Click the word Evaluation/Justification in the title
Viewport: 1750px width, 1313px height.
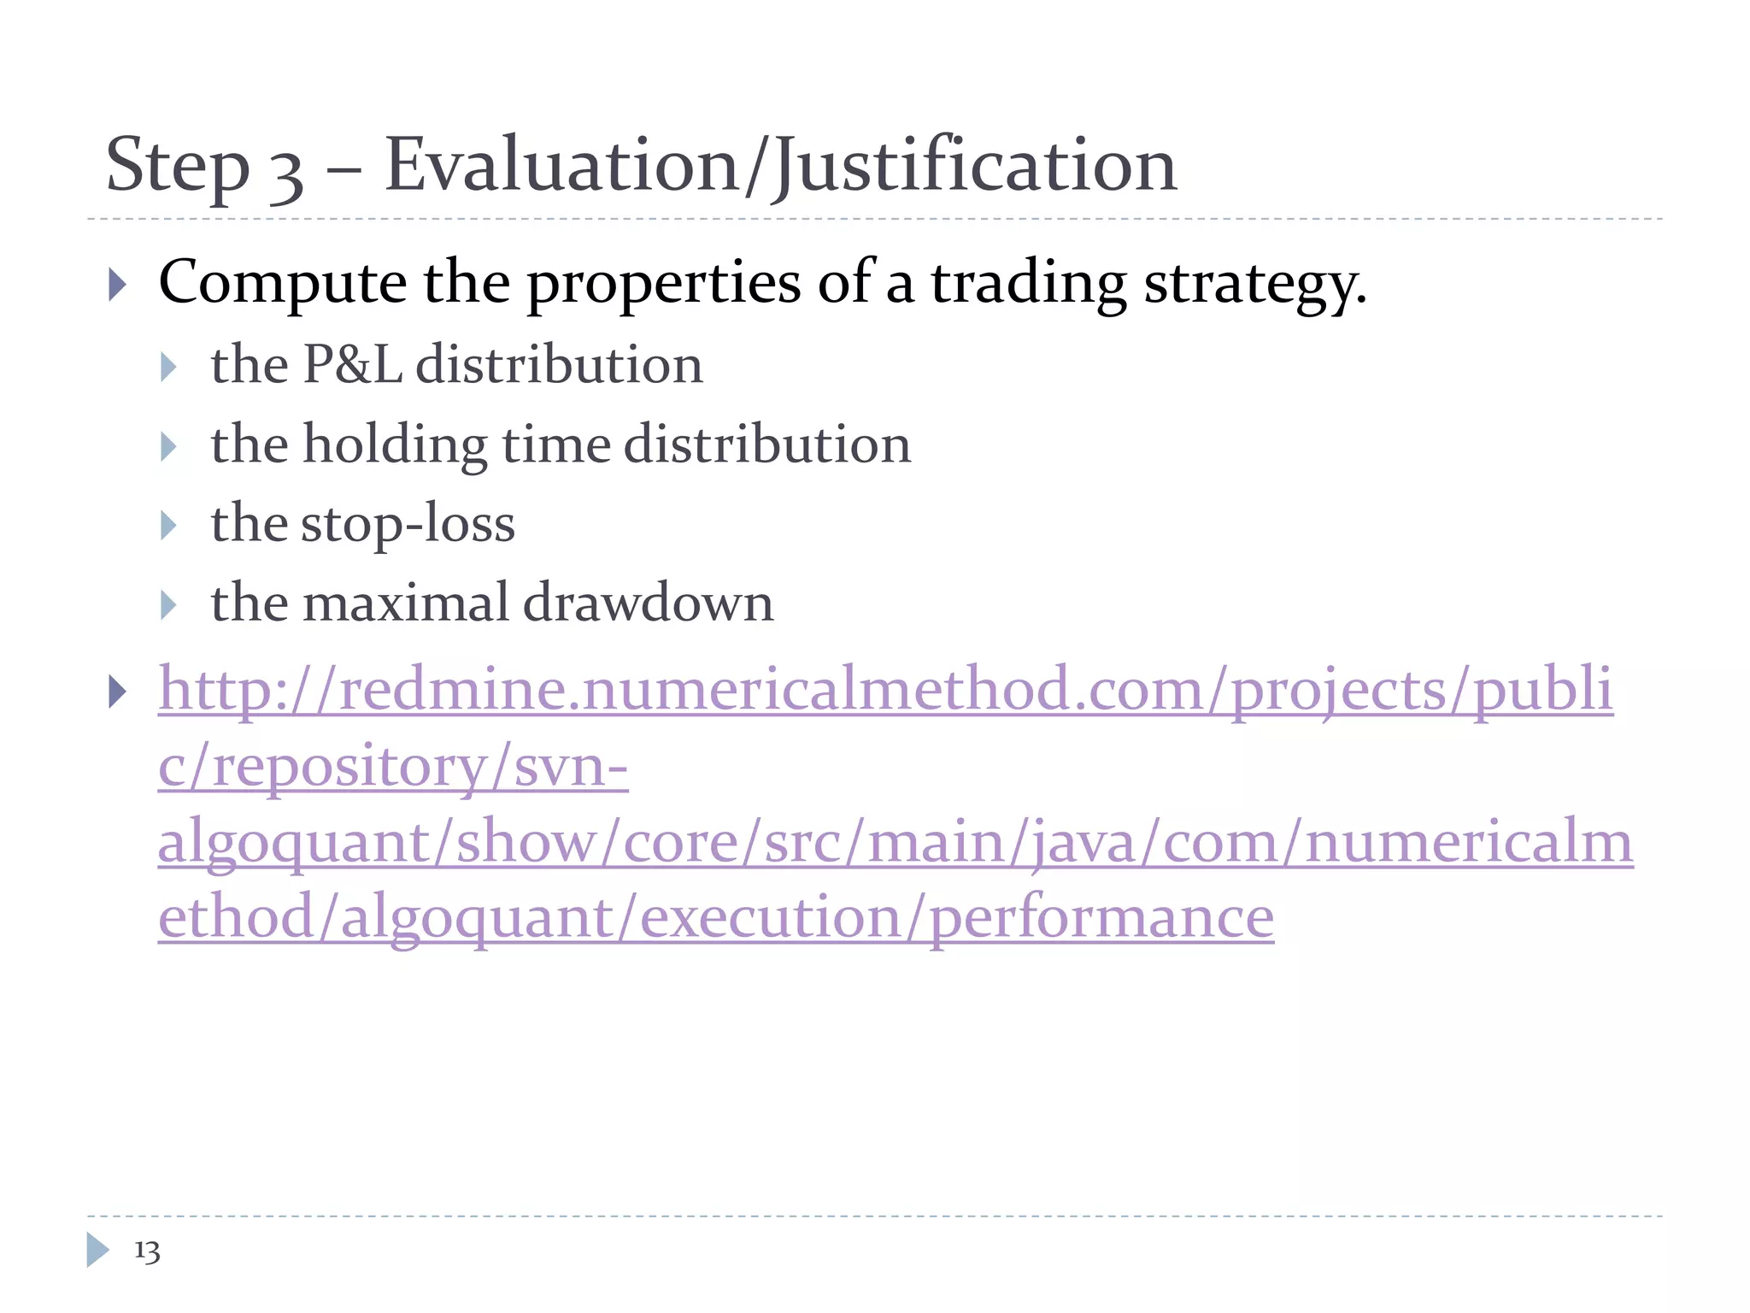[780, 165]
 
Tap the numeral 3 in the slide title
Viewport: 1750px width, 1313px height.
[286, 171]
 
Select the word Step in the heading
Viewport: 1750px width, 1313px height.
[177, 167]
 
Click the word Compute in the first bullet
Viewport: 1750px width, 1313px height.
[283, 283]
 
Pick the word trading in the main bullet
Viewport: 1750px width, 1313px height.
[1028, 285]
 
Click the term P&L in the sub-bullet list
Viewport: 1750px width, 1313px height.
[353, 365]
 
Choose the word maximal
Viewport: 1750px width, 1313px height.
[406, 603]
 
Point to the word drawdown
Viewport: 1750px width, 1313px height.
[648, 603]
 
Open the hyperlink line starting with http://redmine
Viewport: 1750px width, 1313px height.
[885, 690]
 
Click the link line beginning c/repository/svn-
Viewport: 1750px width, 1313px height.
[393, 767]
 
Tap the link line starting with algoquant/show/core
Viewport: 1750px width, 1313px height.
[895, 842]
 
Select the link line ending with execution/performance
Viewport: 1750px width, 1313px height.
[716, 918]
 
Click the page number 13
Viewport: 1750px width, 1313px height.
[147, 1251]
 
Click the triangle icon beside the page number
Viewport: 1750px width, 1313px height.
[97, 1250]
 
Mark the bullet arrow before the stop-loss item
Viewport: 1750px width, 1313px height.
[168, 526]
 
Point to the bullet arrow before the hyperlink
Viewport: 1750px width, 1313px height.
[118, 692]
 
